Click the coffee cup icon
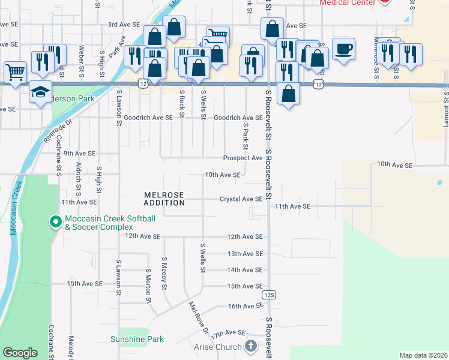pyautogui.click(x=343, y=49)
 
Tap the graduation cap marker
pyautogui.click(x=40, y=92)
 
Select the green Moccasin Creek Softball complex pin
pyautogui.click(x=55, y=223)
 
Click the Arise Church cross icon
pyautogui.click(x=251, y=346)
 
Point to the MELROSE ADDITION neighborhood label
pyautogui.click(x=164, y=199)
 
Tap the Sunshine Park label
pyautogui.click(x=137, y=339)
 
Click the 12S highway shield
pyautogui.click(x=268, y=295)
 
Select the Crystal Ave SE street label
pyautogui.click(x=241, y=199)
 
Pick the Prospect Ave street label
pyautogui.click(x=243, y=158)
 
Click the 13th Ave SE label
pyautogui.click(x=245, y=254)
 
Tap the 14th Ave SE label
pyautogui.click(x=245, y=270)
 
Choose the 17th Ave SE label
pyautogui.click(x=228, y=332)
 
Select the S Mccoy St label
pyautogui.click(x=164, y=272)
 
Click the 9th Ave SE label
pyautogui.click(x=79, y=153)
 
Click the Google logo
pyautogui.click(x=20, y=353)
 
